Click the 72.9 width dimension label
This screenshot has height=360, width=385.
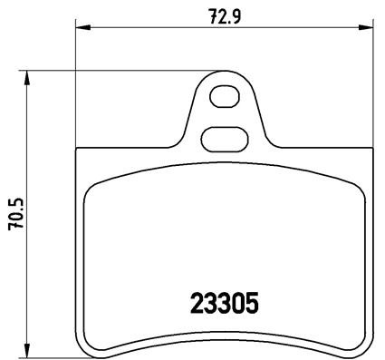222,15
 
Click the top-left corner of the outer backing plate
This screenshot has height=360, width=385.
77,150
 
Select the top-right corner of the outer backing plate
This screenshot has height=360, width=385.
369,150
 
